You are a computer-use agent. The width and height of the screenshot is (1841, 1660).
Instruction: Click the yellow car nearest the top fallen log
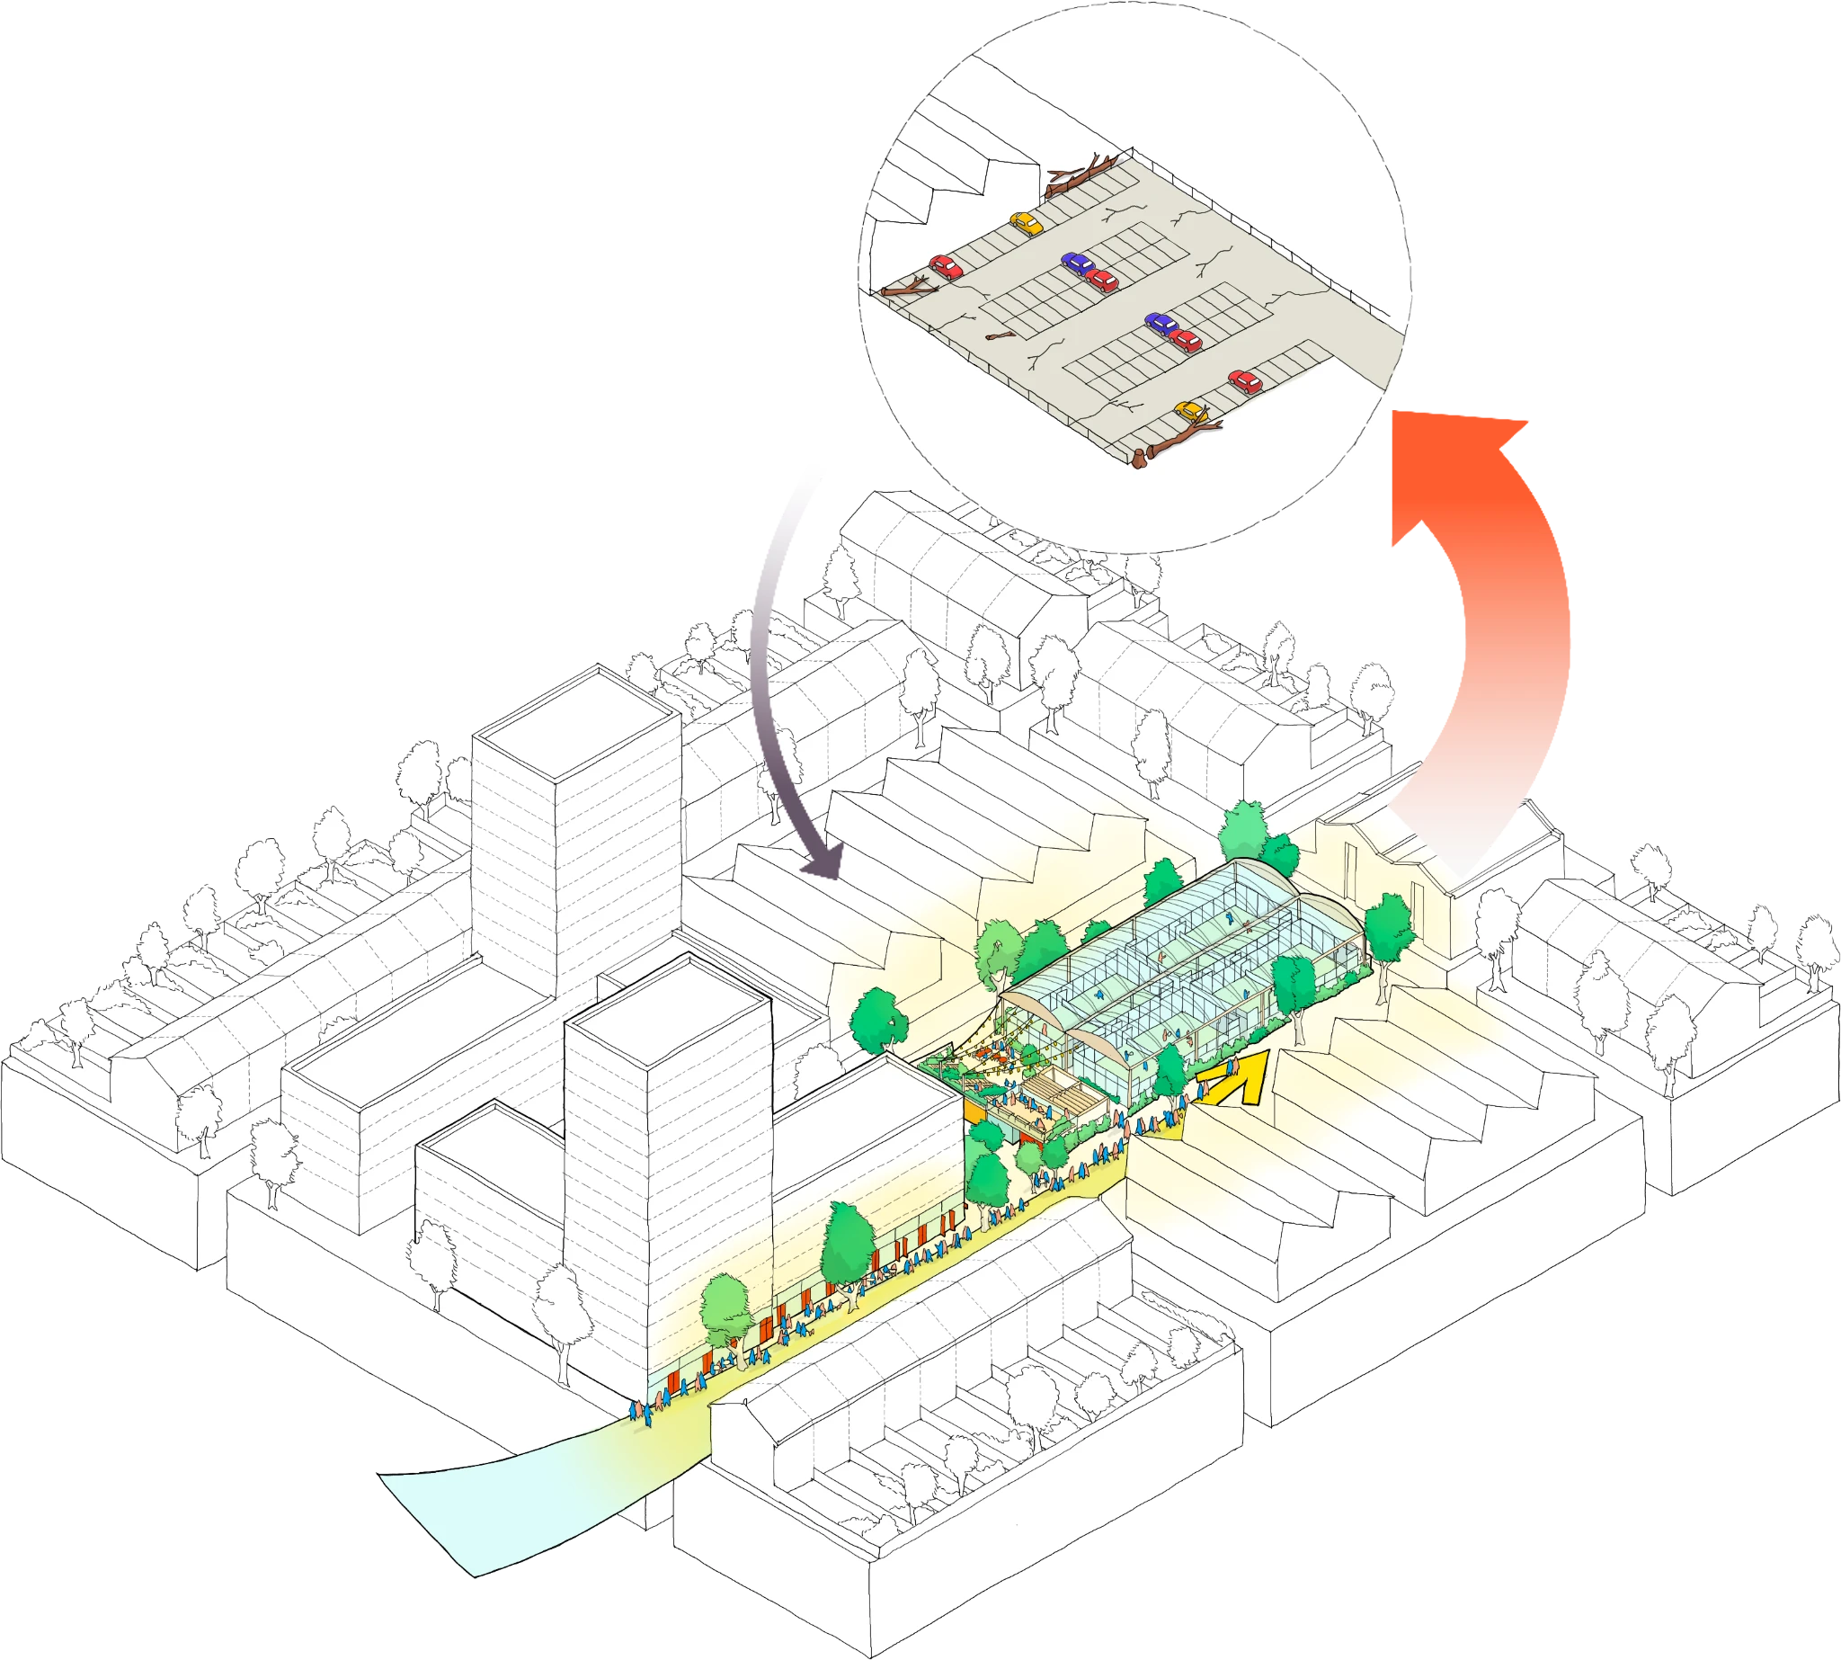pos(1027,223)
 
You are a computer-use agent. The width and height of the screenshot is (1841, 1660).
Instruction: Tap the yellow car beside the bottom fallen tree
pos(1190,411)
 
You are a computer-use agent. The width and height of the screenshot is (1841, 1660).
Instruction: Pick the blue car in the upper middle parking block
pos(1078,264)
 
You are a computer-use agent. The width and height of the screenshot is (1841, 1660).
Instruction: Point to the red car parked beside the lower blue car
pos(1186,340)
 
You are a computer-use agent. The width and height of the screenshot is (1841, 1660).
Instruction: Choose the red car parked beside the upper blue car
pos(1102,280)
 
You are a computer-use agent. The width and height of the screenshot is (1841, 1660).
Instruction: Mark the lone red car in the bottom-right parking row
pos(1245,380)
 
